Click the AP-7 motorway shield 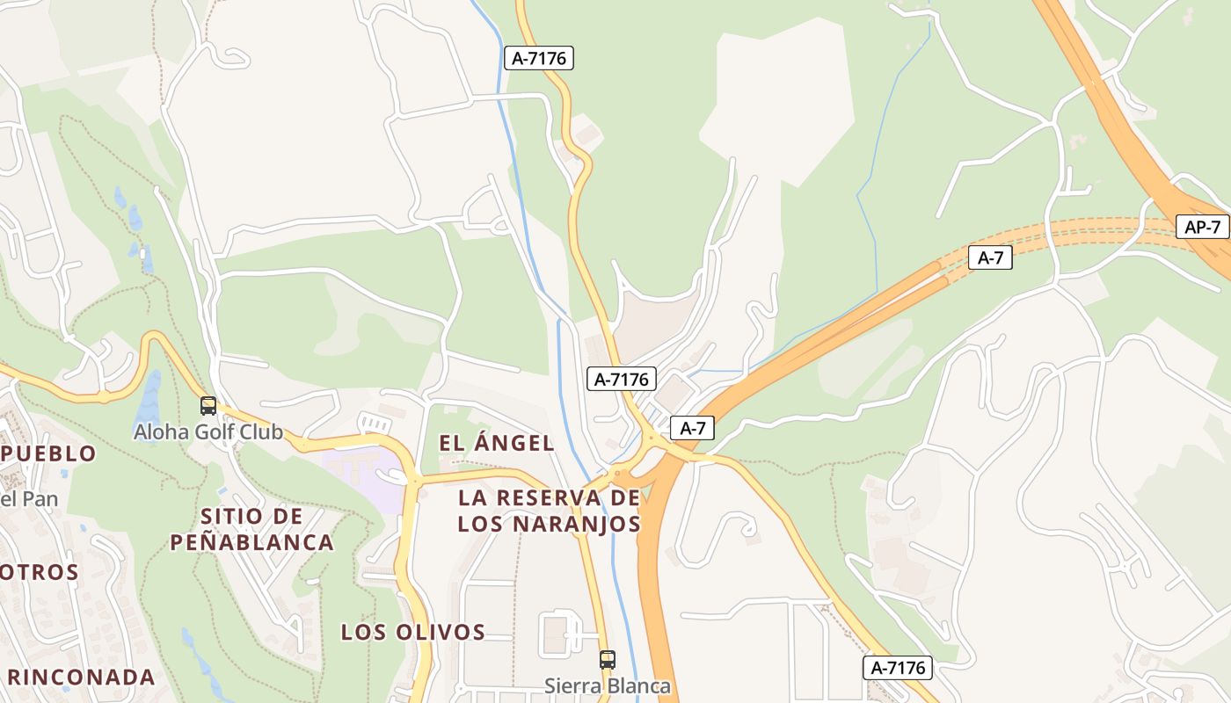click(x=1203, y=227)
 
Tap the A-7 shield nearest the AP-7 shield click(x=990, y=258)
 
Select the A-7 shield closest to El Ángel click(x=693, y=428)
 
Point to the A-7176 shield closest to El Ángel click(x=622, y=379)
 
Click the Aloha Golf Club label click(x=208, y=431)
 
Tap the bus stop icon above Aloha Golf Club click(x=208, y=406)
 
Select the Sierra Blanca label click(x=607, y=685)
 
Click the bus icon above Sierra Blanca click(x=607, y=659)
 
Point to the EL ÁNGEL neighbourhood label click(x=497, y=443)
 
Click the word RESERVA click(x=547, y=497)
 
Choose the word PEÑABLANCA click(x=251, y=542)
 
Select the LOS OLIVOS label click(x=413, y=632)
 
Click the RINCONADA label click(x=82, y=678)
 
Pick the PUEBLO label click(x=49, y=453)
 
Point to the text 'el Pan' click(x=29, y=500)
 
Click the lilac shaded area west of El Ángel click(x=361, y=470)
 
